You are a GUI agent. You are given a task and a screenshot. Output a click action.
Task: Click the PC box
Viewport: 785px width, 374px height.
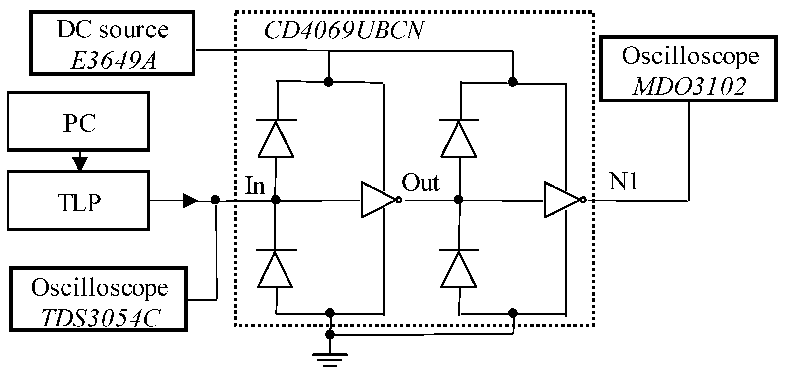(78, 122)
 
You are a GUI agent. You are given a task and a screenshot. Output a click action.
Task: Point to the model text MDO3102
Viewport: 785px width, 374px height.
(689, 87)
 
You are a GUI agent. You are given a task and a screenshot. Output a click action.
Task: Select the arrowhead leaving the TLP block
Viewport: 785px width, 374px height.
(189, 201)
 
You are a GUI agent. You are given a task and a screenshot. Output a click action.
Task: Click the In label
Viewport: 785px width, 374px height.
(255, 186)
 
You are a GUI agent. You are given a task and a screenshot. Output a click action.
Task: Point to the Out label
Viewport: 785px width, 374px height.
(420, 183)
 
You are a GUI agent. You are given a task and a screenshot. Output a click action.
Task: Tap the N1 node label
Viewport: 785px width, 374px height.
(623, 181)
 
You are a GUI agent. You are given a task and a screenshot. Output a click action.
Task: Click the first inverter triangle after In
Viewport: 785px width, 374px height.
(378, 200)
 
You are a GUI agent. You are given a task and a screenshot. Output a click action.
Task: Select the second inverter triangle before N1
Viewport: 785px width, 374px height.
(561, 200)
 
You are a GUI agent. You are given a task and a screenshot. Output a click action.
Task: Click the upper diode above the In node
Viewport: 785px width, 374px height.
(276, 139)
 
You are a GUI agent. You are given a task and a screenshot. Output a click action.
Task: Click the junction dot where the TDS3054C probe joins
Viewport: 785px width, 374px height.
(215, 200)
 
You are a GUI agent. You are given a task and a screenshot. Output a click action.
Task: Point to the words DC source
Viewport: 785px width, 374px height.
(113, 30)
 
